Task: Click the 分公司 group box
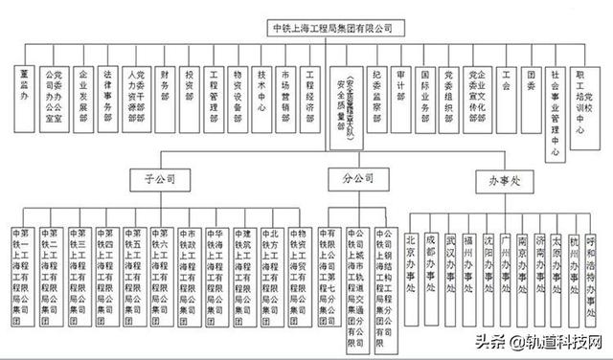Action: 353,178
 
